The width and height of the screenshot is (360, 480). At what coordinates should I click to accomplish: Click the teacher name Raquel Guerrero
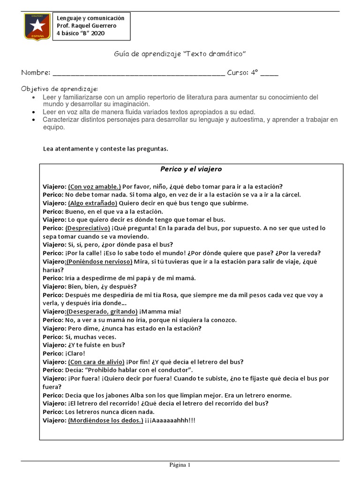[94, 25]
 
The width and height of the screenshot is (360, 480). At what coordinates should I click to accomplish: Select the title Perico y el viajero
[191, 169]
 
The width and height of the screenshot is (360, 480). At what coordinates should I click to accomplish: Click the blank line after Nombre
[139, 73]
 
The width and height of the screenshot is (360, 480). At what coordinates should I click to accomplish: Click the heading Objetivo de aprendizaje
[60, 89]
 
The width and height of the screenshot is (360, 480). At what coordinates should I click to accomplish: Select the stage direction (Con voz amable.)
[94, 186]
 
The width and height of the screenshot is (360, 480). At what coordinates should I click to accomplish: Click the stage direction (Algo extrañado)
[93, 203]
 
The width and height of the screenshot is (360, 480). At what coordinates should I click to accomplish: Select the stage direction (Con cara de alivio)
[96, 362]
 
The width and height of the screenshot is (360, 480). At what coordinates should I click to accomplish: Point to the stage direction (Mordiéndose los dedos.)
[105, 420]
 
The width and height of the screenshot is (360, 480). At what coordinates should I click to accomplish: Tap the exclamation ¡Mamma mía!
[160, 312]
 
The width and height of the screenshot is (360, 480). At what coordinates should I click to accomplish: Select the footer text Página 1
[180, 465]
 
